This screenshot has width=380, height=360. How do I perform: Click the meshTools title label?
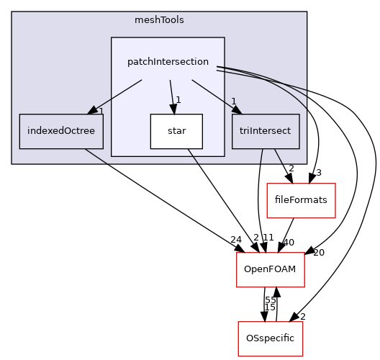[x=159, y=19]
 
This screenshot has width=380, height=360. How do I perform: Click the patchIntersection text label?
[x=168, y=62]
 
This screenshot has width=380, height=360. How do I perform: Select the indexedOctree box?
[x=61, y=131]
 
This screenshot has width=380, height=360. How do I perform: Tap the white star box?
[x=176, y=131]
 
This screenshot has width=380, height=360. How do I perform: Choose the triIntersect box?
[x=266, y=131]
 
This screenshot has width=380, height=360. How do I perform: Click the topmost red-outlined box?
[x=301, y=201]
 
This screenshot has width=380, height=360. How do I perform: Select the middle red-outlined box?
[x=271, y=270]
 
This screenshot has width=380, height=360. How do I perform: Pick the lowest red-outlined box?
[x=271, y=338]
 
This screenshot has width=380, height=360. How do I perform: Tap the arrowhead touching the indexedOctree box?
[x=93, y=111]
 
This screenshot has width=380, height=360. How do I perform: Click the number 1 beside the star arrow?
[x=178, y=100]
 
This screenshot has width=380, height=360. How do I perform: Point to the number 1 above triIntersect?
[x=233, y=101]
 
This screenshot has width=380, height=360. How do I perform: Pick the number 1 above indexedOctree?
[x=101, y=111]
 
